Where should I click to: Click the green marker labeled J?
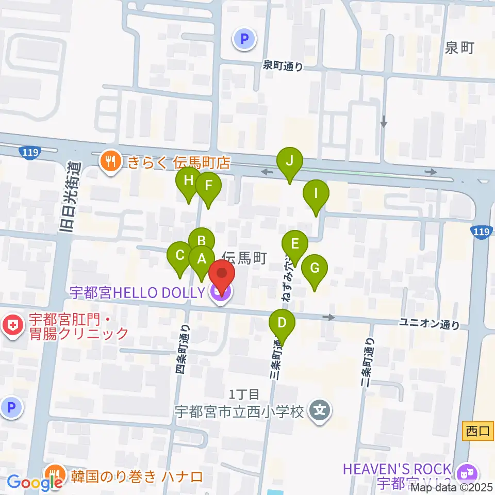point(289,162)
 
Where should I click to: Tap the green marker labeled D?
point(282,324)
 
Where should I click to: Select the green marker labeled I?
point(316,194)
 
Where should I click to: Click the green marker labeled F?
point(208,186)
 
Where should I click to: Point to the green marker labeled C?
point(180,256)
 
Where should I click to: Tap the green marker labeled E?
point(295,244)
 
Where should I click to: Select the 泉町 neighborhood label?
point(459,48)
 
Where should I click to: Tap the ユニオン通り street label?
point(429,325)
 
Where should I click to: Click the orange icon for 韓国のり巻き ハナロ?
point(55,474)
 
